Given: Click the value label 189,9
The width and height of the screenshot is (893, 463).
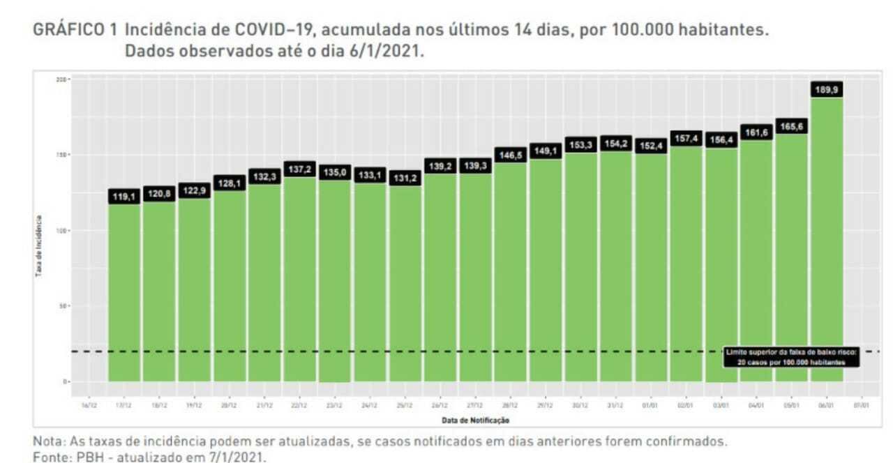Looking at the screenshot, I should coord(827,89).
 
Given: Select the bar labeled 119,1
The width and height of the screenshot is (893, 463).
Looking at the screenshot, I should coord(124,293).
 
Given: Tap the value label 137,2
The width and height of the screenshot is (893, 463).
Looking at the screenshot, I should coord(301,169).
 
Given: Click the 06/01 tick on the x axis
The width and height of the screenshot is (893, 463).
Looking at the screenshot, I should coord(827,404).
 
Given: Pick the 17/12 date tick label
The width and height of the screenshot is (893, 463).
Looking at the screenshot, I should coord(124,404).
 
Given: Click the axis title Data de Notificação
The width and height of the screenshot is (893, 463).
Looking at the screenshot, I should coord(475,420).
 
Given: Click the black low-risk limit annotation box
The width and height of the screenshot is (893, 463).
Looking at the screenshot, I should coord(791,357).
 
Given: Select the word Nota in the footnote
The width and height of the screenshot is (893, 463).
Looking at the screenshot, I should coord(47,441).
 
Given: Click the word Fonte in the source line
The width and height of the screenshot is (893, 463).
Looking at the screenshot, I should coord(50,457).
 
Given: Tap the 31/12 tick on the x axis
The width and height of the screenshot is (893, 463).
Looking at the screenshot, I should coord(616,404).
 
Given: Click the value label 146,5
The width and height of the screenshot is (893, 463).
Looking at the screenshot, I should coord(511,154).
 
